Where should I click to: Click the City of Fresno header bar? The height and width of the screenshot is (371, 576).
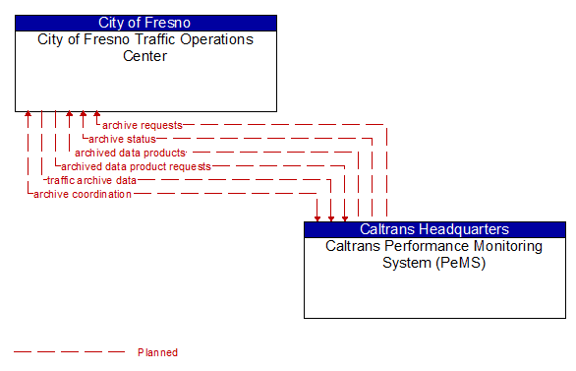[x=145, y=23]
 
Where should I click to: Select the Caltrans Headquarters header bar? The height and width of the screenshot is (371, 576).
[x=434, y=229]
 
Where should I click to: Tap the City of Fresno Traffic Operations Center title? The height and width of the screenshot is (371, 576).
[x=145, y=47]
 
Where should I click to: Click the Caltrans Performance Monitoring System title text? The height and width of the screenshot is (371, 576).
[x=434, y=254]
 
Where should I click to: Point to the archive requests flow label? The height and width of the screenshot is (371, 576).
[x=142, y=125]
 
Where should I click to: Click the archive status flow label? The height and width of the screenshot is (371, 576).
[x=122, y=139]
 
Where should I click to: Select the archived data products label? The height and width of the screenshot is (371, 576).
[x=130, y=153]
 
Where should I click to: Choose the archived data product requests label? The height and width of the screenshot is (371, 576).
[x=136, y=166]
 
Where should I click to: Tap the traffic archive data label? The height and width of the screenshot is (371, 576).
[x=92, y=180]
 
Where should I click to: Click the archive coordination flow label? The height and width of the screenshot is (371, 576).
[x=83, y=194]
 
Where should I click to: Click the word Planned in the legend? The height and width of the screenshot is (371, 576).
[x=157, y=352]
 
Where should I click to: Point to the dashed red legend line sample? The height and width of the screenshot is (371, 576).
[x=69, y=352]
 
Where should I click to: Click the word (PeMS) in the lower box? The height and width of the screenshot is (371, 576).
[x=434, y=263]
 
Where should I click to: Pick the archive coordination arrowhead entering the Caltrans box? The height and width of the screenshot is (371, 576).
[x=317, y=216]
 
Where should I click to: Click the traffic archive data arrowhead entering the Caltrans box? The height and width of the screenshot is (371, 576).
[x=331, y=216]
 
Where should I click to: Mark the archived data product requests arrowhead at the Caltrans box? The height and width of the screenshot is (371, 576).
[x=345, y=216]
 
